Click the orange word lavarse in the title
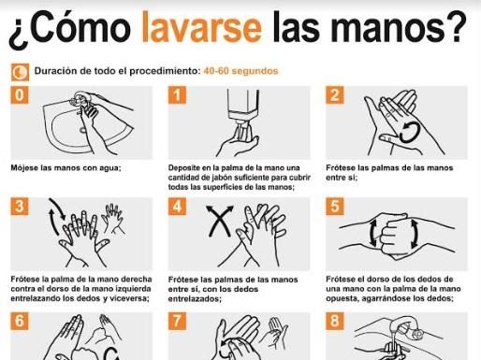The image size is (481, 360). [202, 27]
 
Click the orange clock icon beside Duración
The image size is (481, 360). [20, 72]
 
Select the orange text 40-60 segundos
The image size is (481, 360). [240, 71]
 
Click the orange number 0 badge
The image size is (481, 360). [20, 94]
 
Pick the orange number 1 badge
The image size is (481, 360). [177, 94]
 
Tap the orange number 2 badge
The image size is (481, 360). [335, 94]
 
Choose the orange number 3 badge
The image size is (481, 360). [20, 207]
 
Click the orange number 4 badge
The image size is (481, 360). [177, 207]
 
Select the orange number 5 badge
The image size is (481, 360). [335, 207]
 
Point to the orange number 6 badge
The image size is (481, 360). [20, 321]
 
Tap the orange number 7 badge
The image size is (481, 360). [177, 321]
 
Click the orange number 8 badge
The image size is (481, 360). [335, 321]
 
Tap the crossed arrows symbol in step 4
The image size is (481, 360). [220, 221]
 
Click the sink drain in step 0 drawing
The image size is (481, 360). [83, 130]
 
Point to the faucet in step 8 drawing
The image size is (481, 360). [405, 327]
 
